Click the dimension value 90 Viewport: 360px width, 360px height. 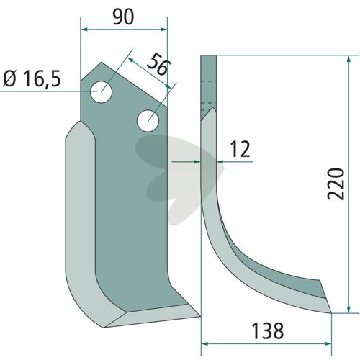(123, 17)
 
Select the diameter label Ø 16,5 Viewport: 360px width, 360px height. (32, 79)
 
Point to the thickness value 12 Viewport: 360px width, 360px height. (240, 149)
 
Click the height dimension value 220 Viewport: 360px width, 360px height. (336, 184)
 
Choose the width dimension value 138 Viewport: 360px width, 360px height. (268, 331)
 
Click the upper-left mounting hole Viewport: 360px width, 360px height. (101, 92)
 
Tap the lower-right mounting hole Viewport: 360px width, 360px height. (148, 121)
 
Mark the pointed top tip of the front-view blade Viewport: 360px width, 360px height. (101, 62)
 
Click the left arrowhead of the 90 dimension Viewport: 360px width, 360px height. (84, 30)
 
